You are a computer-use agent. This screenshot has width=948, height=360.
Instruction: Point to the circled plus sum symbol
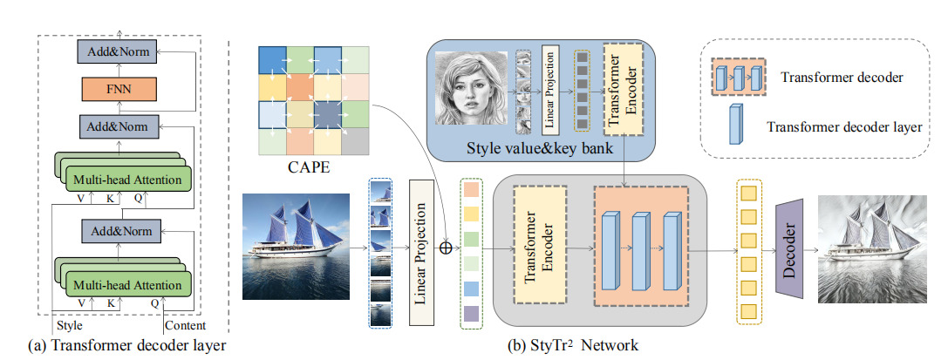(x=445, y=247)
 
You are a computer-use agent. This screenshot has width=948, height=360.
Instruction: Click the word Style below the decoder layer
(x=70, y=326)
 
